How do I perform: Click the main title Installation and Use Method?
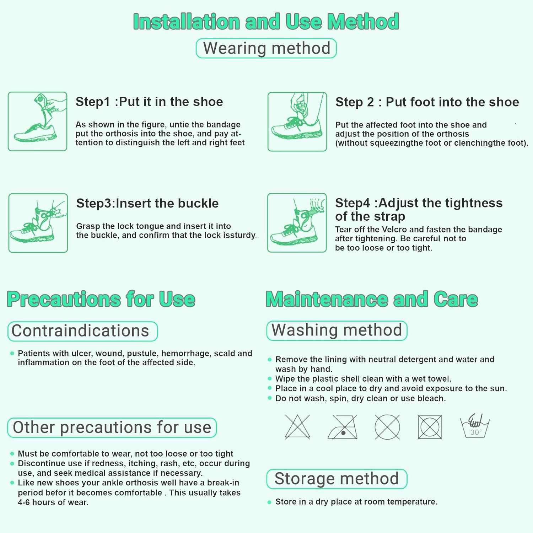pyautogui.click(x=266, y=22)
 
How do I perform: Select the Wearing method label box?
pyautogui.click(x=266, y=48)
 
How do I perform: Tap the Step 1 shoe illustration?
pyautogui.click(x=38, y=122)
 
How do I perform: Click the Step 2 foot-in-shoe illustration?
pyautogui.click(x=297, y=122)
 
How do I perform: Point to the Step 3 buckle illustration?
pyautogui.click(x=38, y=223)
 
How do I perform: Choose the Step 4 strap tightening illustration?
pyautogui.click(x=297, y=223)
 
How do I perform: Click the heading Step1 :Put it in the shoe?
pyautogui.click(x=149, y=102)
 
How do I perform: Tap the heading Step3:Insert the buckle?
pyautogui.click(x=147, y=204)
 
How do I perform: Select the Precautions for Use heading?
pyautogui.click(x=101, y=299)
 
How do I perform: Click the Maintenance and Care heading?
pyautogui.click(x=372, y=299)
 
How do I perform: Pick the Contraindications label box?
pyautogui.click(x=82, y=331)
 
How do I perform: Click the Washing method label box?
pyautogui.click(x=337, y=330)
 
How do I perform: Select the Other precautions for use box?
pyautogui.click(x=112, y=427)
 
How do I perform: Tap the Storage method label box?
pyautogui.click(x=337, y=479)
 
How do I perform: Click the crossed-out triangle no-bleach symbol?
pyautogui.click(x=297, y=427)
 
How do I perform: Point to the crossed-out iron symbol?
pyautogui.click(x=343, y=427)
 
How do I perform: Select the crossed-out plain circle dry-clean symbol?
pyautogui.click(x=387, y=427)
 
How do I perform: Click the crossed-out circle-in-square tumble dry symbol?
pyautogui.click(x=430, y=427)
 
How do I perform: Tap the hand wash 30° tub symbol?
pyautogui.click(x=475, y=426)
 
